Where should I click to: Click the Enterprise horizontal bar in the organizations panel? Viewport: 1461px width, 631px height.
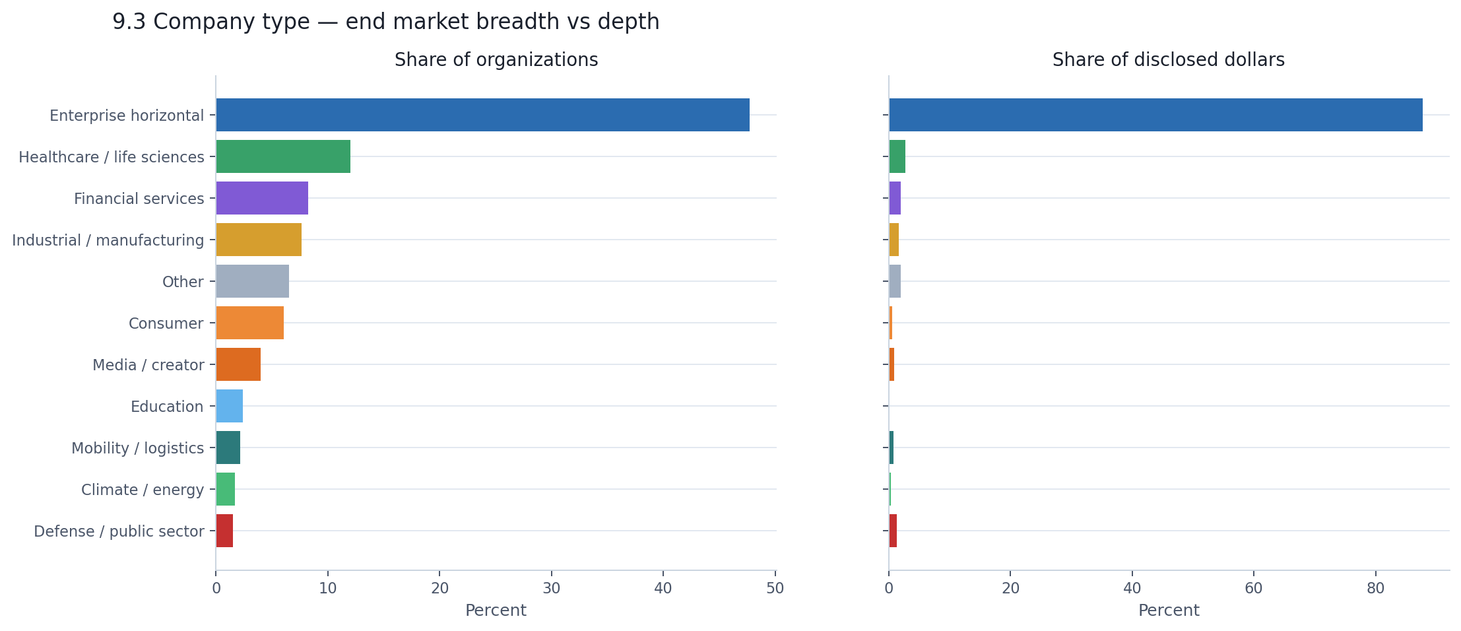(482, 115)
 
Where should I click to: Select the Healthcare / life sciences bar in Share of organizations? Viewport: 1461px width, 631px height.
(283, 156)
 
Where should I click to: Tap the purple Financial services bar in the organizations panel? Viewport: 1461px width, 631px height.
(262, 198)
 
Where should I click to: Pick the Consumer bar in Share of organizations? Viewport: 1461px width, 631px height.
(249, 323)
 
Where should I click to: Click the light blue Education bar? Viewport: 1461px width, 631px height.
(230, 406)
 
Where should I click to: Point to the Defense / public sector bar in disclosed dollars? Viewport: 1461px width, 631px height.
(893, 531)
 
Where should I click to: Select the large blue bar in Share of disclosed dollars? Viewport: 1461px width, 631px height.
(1155, 115)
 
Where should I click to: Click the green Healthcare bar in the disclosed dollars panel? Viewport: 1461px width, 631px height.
(897, 156)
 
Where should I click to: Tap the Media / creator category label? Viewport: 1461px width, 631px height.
(148, 365)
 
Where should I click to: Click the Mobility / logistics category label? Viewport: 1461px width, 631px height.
(137, 448)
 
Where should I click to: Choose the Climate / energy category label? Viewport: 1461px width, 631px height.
(143, 490)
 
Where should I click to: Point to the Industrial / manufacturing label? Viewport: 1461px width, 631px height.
(108, 240)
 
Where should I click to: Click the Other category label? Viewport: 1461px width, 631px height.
(183, 282)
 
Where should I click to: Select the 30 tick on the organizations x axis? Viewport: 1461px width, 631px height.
(552, 589)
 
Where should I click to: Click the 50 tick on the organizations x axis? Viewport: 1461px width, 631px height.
(775, 589)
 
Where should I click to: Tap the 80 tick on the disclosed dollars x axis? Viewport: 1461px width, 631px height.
(1375, 589)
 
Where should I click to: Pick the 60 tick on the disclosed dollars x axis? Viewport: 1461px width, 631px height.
(1253, 589)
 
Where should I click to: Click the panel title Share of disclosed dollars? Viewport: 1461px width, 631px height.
(1168, 60)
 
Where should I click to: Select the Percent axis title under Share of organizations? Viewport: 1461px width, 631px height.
(496, 611)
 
